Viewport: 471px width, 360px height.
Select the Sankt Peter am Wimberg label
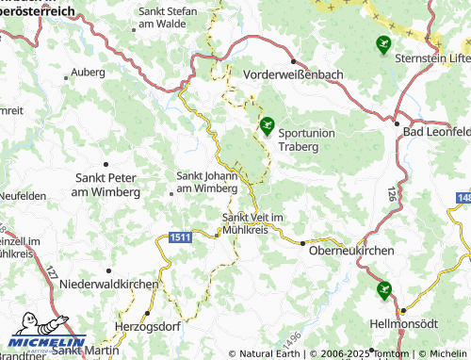[106, 185]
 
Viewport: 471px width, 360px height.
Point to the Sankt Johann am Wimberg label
[207, 181]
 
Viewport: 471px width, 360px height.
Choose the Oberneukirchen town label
[347, 249]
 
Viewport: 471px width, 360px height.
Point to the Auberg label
[89, 72]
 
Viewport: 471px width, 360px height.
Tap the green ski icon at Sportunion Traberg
[267, 124]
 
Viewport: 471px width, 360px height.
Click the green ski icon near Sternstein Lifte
[382, 43]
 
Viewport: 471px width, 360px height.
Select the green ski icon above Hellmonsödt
[383, 290]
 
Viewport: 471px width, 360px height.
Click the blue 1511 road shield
[182, 239]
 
